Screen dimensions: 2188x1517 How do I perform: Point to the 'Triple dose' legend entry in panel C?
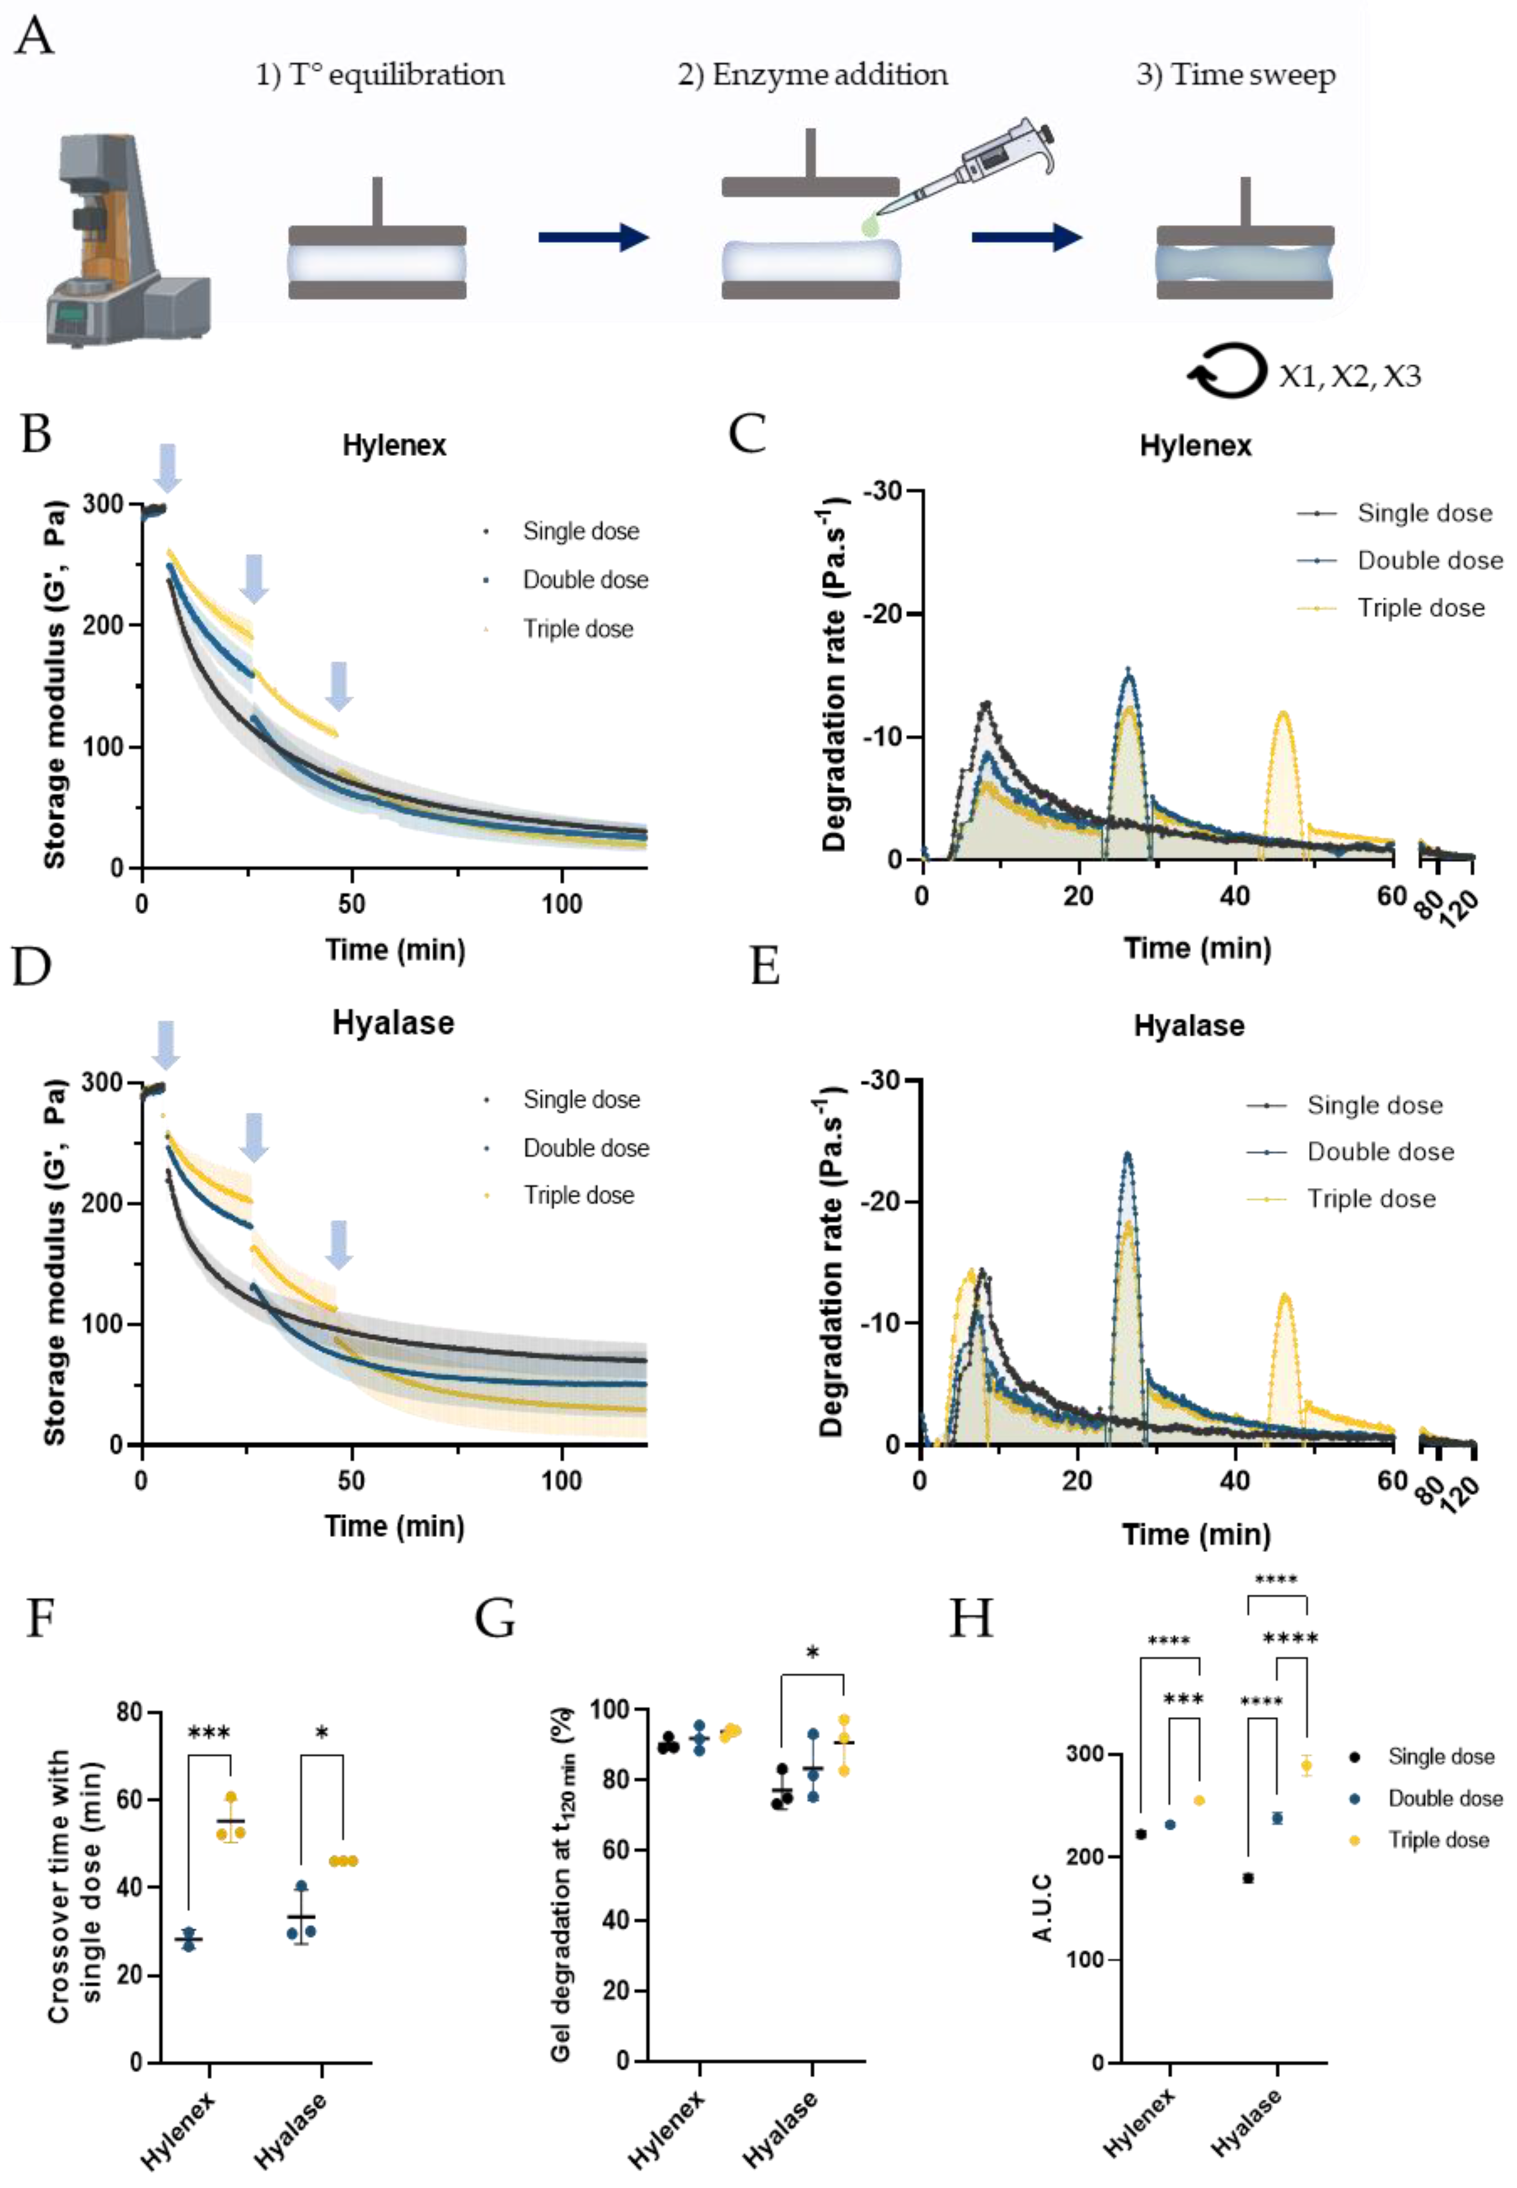(1420, 608)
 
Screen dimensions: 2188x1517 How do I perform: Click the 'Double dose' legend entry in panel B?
(584, 580)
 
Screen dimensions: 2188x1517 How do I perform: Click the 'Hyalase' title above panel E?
(1188, 1025)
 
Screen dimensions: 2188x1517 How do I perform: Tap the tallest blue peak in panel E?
(1128, 1156)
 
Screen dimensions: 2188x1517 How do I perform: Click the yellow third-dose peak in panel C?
(1284, 715)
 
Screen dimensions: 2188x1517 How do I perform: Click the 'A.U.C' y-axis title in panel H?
(1042, 1907)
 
